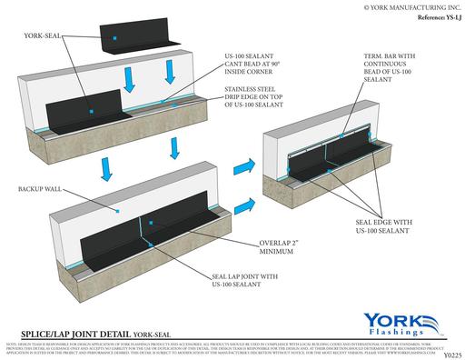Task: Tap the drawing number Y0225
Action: pos(449,354)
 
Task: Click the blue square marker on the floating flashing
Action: pos(114,39)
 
